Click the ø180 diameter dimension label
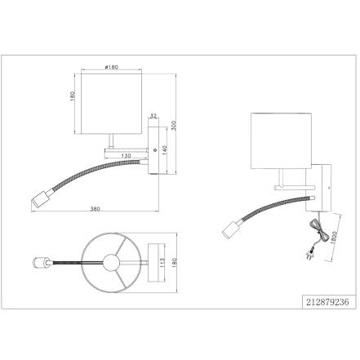[111, 67]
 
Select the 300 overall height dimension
[174, 125]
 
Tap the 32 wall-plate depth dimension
[153, 116]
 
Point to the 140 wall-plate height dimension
[164, 150]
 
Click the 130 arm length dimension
[127, 156]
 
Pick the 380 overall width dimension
[95, 209]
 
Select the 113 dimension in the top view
[162, 263]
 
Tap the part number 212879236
[327, 302]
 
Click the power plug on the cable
[309, 256]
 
